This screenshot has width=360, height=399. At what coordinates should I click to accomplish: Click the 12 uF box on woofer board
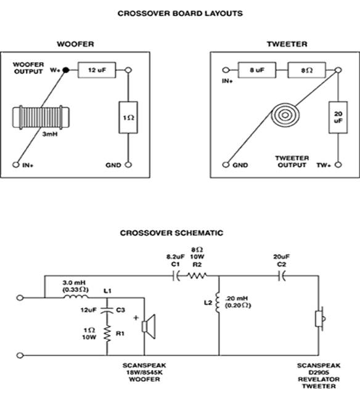(x=97, y=70)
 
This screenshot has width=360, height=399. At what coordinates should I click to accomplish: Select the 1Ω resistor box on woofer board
(x=128, y=118)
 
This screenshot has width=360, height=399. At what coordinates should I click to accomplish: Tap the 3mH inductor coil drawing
(x=41, y=118)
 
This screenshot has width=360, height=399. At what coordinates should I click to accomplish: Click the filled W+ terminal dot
(x=66, y=70)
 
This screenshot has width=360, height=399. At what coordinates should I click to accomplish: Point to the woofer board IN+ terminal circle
(x=16, y=164)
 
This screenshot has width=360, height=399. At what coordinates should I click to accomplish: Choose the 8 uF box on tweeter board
(x=257, y=70)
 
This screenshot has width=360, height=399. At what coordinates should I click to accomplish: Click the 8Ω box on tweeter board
(x=307, y=70)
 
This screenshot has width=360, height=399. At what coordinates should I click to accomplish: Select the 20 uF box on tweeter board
(x=338, y=118)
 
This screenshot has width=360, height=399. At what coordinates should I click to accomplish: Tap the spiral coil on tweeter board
(x=285, y=115)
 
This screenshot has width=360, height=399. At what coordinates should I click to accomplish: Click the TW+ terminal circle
(x=338, y=164)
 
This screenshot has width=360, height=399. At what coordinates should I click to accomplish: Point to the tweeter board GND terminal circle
(x=226, y=164)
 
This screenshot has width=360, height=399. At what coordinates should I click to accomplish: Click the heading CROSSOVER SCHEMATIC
(x=171, y=233)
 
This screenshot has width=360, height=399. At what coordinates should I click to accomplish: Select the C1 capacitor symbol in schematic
(x=176, y=276)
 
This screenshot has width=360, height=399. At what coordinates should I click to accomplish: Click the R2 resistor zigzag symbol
(x=197, y=276)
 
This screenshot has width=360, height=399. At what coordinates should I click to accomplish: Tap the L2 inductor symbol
(x=218, y=303)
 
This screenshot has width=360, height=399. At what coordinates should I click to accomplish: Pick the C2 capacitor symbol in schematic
(x=282, y=276)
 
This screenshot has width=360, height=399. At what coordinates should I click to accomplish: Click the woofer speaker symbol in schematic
(x=149, y=327)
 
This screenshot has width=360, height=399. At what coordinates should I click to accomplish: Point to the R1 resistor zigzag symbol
(x=107, y=333)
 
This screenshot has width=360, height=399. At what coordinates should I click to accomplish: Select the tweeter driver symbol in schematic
(x=320, y=318)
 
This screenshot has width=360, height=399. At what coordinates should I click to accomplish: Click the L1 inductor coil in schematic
(x=76, y=296)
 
